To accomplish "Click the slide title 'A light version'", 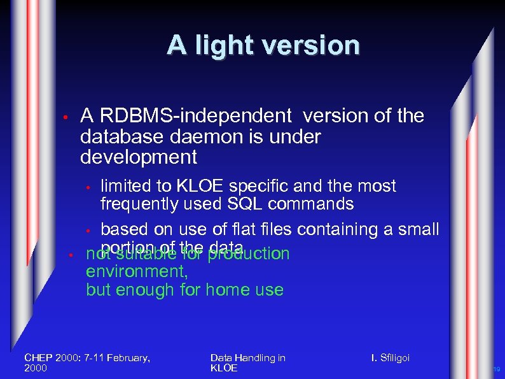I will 263,45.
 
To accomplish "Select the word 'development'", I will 139,157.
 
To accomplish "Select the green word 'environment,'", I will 137,272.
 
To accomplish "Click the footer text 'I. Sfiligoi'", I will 391,358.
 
